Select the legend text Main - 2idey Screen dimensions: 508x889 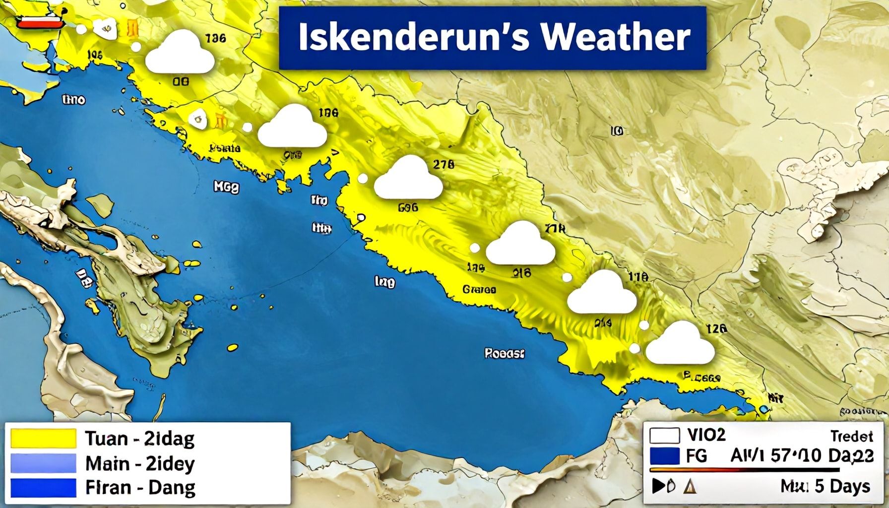140,464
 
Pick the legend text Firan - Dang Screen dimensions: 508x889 140,488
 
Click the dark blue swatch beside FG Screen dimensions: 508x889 664,456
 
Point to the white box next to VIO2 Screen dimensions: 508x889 664,436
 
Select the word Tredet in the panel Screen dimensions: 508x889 851,436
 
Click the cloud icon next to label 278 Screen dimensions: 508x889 408,180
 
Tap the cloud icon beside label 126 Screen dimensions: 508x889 680,344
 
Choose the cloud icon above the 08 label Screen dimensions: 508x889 180,54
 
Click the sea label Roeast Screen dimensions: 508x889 504,354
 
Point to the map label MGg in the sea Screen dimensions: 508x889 226,187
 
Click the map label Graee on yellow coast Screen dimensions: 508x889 479,289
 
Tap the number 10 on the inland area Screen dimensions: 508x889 617,131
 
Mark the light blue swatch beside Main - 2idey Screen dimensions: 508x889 44,463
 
